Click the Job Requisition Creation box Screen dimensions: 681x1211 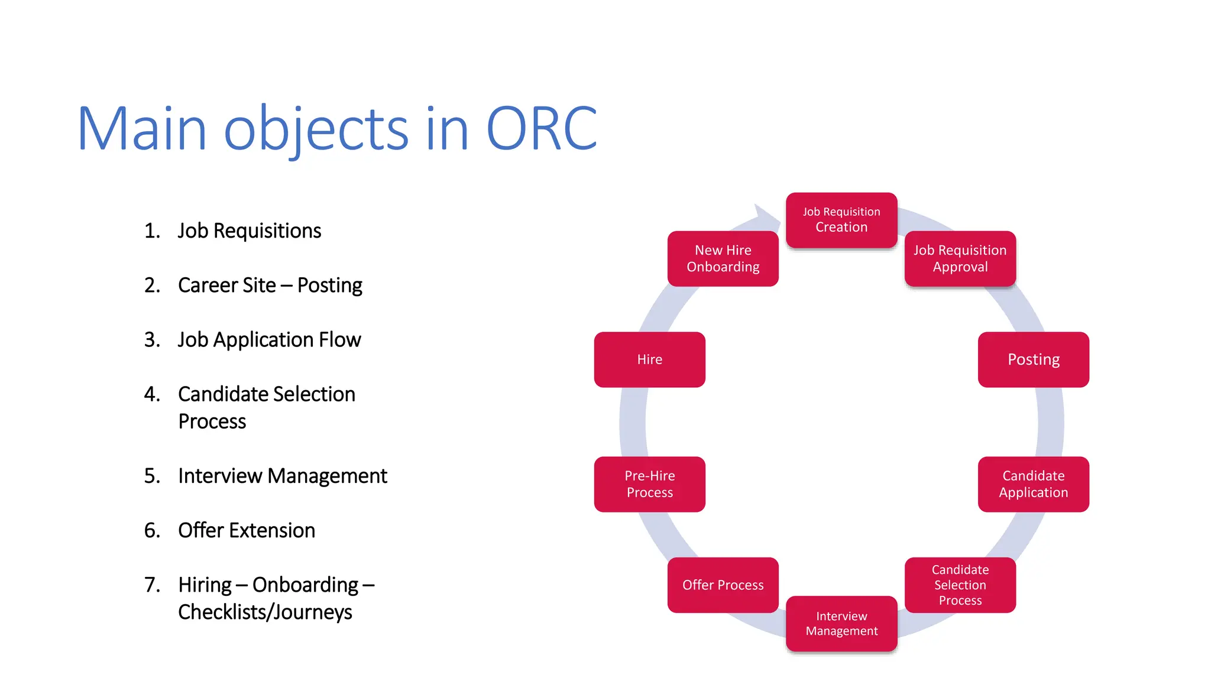click(841, 220)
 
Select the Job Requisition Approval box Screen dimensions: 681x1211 click(960, 258)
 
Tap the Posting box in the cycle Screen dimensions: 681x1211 click(1033, 359)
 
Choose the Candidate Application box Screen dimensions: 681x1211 click(1033, 484)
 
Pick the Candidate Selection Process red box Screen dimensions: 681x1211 click(960, 585)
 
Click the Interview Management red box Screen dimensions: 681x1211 click(841, 624)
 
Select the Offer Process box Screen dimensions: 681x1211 click(723, 585)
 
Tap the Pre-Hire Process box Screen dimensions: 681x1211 click(649, 484)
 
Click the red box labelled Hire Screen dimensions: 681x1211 click(649, 359)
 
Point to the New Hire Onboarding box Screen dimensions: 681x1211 click(723, 258)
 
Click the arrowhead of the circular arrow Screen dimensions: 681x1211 click(766, 216)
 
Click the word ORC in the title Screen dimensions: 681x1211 click(541, 129)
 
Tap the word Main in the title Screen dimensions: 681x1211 click(142, 129)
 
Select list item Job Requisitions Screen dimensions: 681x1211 click(249, 231)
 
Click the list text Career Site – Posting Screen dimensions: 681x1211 click(270, 286)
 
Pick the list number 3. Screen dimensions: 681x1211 click(151, 340)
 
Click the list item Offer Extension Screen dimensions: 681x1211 click(246, 530)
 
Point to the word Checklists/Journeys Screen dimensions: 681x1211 click(265, 612)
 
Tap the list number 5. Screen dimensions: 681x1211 click(151, 476)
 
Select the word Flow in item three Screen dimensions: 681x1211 click(339, 340)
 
